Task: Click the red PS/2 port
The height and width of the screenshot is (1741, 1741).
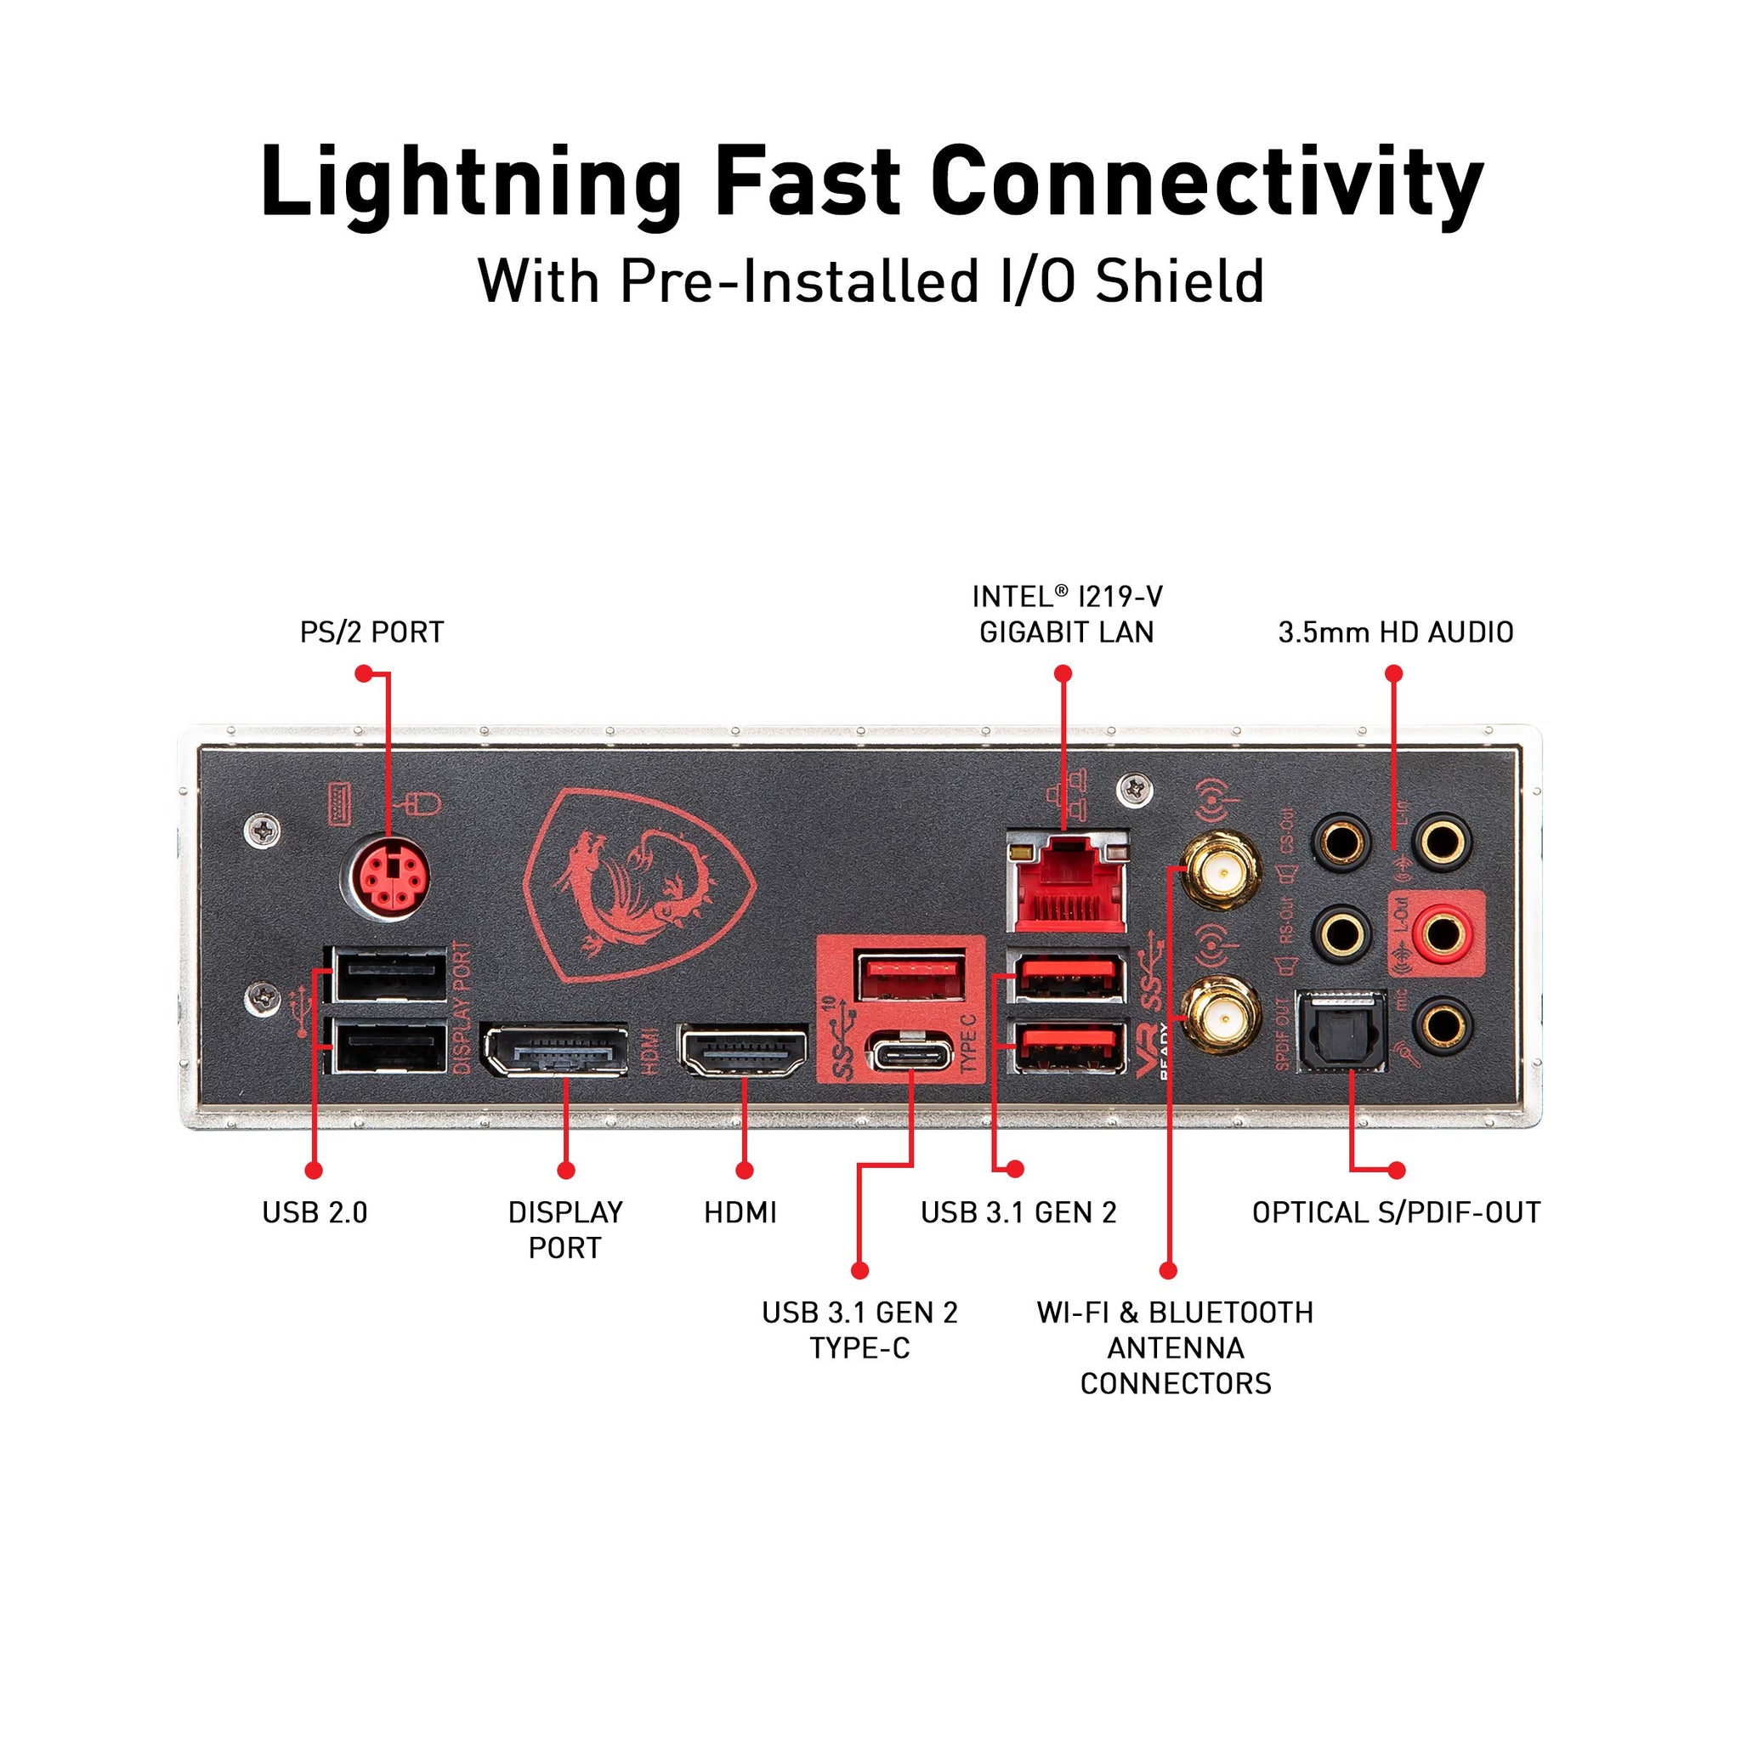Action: tap(389, 880)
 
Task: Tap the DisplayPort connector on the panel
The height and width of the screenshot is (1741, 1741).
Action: tap(554, 1051)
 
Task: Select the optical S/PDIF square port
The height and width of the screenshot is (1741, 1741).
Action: tap(1340, 1032)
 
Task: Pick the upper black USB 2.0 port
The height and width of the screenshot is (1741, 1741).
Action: tap(389, 975)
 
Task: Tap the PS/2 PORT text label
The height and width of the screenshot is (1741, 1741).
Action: tap(371, 632)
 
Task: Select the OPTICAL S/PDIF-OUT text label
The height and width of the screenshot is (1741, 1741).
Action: tap(1396, 1213)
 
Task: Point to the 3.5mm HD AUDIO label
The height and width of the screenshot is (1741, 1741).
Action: tap(1395, 632)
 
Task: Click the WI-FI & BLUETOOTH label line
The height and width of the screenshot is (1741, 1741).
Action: tap(1175, 1312)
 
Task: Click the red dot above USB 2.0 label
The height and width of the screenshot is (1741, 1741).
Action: tap(314, 1171)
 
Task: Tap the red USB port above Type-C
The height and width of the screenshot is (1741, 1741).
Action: tap(910, 976)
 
